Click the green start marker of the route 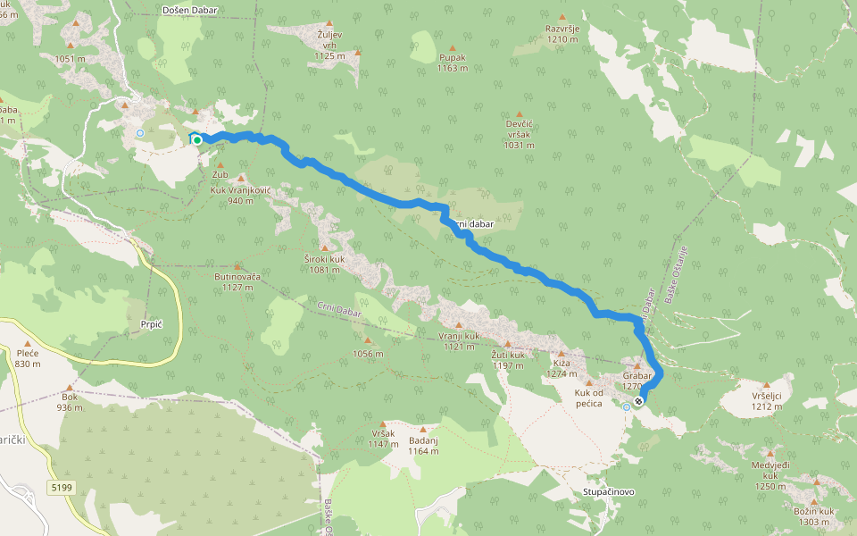click(x=196, y=139)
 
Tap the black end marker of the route click(x=638, y=401)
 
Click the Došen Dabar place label click(x=190, y=11)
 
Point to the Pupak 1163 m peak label click(x=452, y=62)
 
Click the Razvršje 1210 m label click(x=563, y=34)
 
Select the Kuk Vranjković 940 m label click(x=240, y=195)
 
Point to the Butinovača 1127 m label click(x=237, y=281)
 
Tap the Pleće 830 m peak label click(x=28, y=358)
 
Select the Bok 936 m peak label click(x=71, y=402)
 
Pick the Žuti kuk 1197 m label click(x=508, y=359)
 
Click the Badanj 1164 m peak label click(x=423, y=446)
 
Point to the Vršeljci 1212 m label click(x=767, y=401)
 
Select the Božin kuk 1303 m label click(x=813, y=516)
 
